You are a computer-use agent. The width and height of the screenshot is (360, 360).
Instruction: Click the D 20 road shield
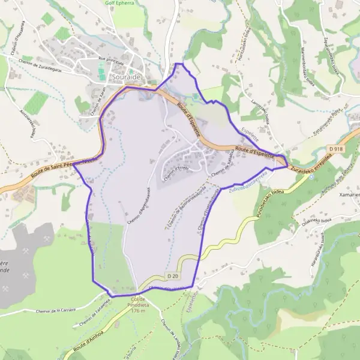click(173, 275)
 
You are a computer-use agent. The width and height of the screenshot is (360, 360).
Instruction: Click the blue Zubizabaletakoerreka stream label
click(247, 184)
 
